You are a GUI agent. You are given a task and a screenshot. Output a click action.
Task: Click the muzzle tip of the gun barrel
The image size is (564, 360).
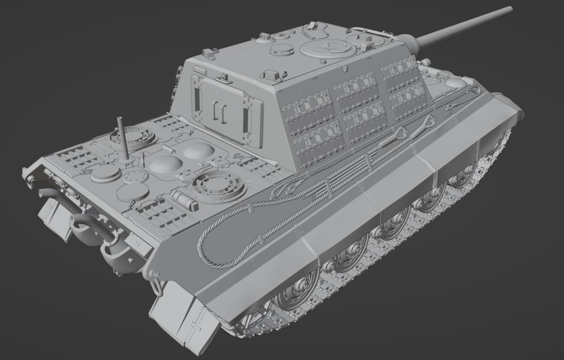tap(510, 10)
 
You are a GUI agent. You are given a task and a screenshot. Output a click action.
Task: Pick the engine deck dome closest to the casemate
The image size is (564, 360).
tap(199, 151)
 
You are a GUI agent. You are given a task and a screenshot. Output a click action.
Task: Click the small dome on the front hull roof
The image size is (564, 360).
tap(454, 83)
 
